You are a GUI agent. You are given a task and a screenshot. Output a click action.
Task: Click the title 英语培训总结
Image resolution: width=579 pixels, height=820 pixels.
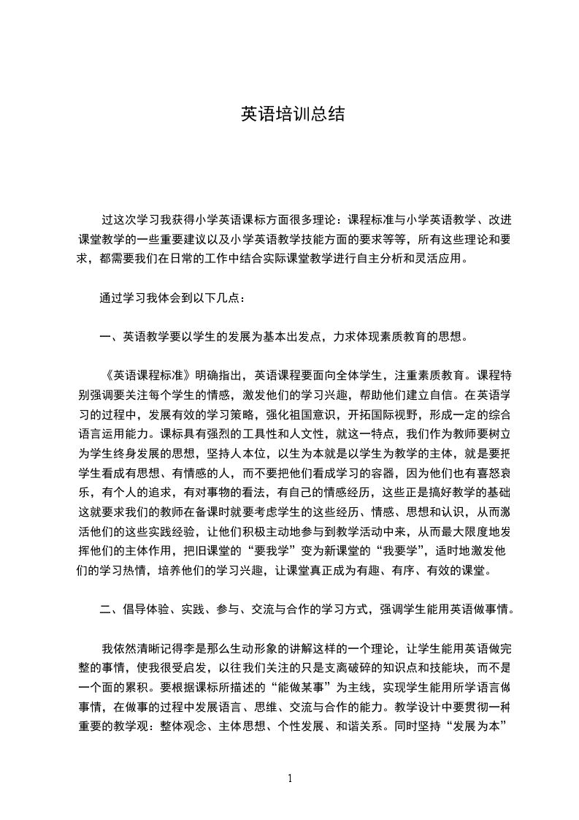pyautogui.click(x=292, y=115)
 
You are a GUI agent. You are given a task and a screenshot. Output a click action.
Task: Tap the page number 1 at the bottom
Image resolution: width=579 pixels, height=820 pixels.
pyautogui.click(x=290, y=778)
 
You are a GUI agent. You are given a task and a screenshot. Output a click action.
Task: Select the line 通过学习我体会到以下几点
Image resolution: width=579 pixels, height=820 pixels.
pyautogui.click(x=174, y=298)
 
